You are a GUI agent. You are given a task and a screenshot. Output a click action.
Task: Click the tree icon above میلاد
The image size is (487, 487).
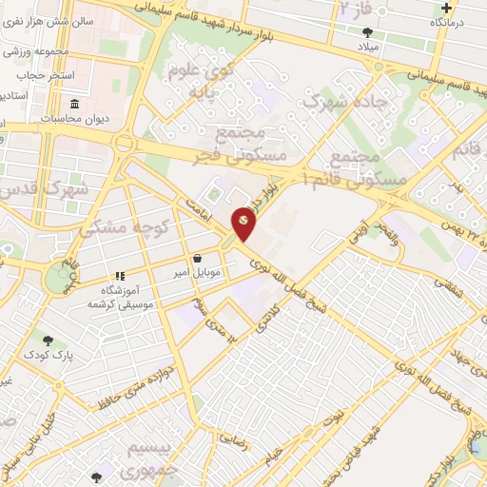click(x=366, y=31)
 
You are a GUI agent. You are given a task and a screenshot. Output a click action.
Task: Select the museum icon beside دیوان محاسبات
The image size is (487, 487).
click(x=73, y=104)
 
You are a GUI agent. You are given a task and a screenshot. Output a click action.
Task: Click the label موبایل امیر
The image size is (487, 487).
click(x=196, y=273)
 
